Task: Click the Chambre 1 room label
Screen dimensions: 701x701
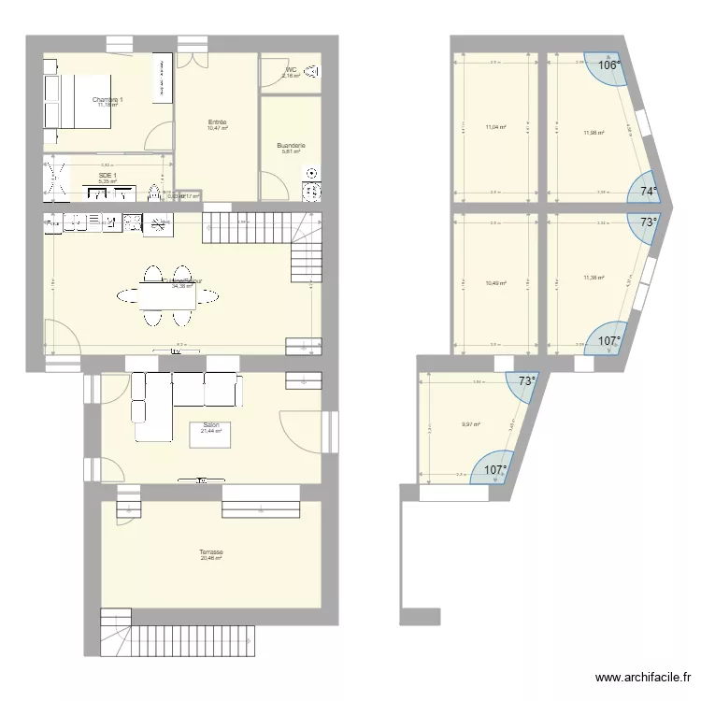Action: pos(107,99)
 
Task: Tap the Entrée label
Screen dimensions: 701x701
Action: pos(217,122)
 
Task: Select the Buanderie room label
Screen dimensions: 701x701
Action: pos(291,145)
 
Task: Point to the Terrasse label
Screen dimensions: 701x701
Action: pos(210,552)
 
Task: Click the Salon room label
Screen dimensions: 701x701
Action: pos(210,425)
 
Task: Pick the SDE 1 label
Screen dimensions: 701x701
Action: pos(107,175)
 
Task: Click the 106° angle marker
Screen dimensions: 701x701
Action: pos(608,65)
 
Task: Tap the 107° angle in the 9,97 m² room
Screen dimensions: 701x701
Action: pos(494,470)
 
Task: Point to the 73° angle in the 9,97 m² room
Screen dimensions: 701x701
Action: pos(527,381)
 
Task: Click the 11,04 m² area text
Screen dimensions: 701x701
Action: pos(495,127)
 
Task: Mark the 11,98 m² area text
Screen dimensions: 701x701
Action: pos(593,133)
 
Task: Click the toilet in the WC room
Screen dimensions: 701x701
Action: pos(312,70)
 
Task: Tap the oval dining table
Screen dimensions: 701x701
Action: pos(169,297)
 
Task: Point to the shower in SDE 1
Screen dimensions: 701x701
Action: pos(56,179)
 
